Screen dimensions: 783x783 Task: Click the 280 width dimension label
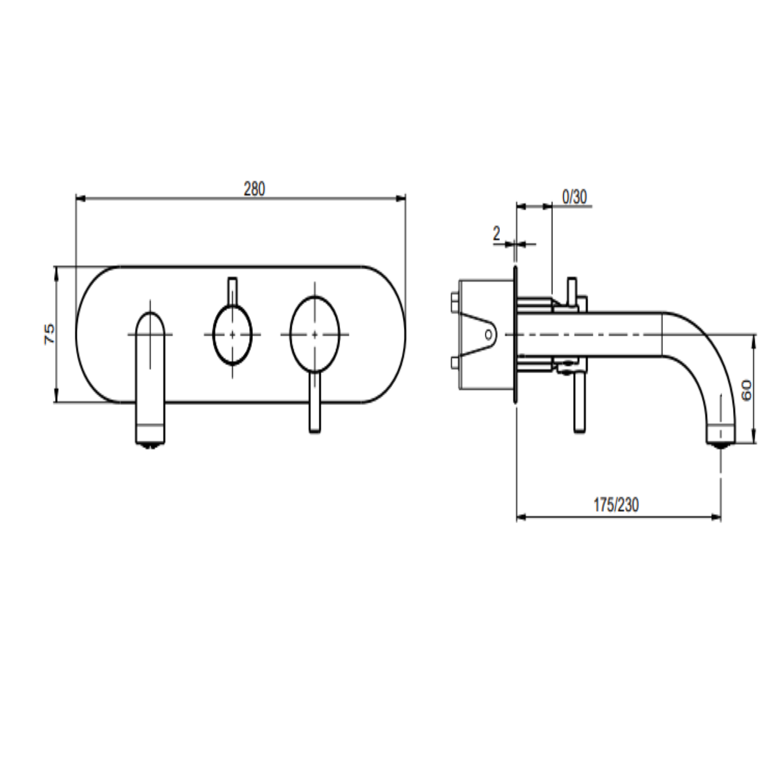tap(254, 189)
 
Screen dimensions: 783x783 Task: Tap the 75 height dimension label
tap(49, 334)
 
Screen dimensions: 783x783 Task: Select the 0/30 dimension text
tap(575, 197)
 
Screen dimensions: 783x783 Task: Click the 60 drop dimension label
tap(746, 390)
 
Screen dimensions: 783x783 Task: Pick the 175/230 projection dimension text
tap(616, 505)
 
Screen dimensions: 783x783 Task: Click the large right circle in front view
tap(315, 334)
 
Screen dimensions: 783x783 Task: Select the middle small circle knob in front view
tap(232, 334)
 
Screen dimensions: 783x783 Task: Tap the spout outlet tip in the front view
tap(150, 442)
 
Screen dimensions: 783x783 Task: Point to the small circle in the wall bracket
tap(488, 334)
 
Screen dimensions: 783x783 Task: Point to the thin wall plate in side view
tap(515, 334)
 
